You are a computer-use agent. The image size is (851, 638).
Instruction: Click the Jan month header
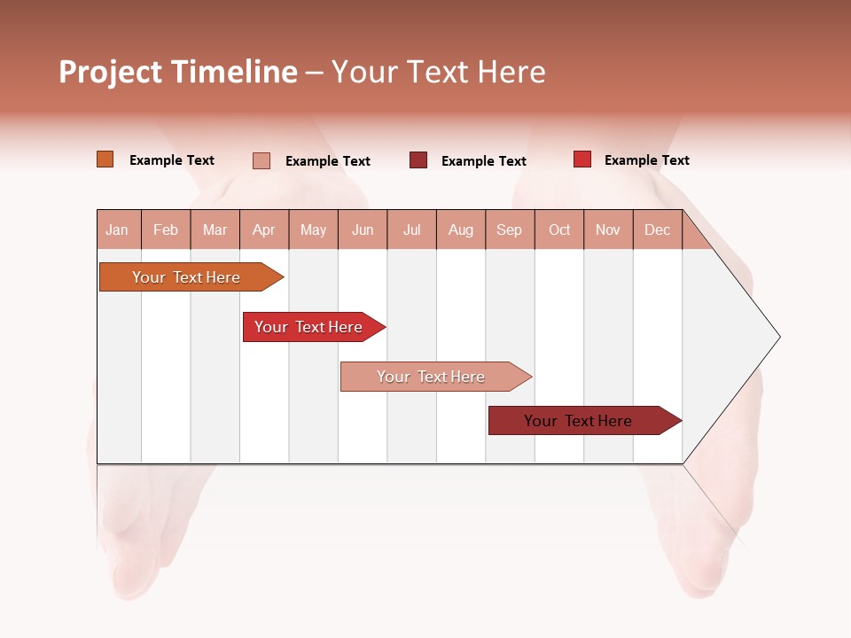click(x=117, y=230)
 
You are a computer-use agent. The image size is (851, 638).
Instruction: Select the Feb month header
click(x=166, y=230)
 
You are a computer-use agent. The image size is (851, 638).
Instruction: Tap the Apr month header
click(x=263, y=230)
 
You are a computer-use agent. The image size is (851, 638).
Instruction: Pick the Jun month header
click(x=363, y=230)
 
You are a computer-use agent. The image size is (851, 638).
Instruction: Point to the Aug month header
click(x=460, y=230)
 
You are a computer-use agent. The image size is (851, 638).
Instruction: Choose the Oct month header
click(x=559, y=230)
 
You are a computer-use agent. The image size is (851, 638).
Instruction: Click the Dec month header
click(x=657, y=230)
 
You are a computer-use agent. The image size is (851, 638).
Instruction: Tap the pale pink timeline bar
click(x=433, y=377)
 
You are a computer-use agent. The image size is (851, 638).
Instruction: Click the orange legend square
click(x=105, y=159)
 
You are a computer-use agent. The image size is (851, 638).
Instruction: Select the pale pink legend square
click(x=262, y=160)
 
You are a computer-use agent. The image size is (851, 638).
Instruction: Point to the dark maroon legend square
click(x=418, y=160)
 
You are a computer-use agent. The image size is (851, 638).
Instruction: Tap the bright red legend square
click(x=582, y=159)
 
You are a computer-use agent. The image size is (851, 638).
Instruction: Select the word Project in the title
click(x=110, y=72)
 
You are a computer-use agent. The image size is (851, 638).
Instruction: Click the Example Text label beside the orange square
click(x=172, y=160)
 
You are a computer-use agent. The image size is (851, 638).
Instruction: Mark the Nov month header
click(x=608, y=230)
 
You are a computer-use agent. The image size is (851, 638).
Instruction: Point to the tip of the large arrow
click(x=777, y=337)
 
